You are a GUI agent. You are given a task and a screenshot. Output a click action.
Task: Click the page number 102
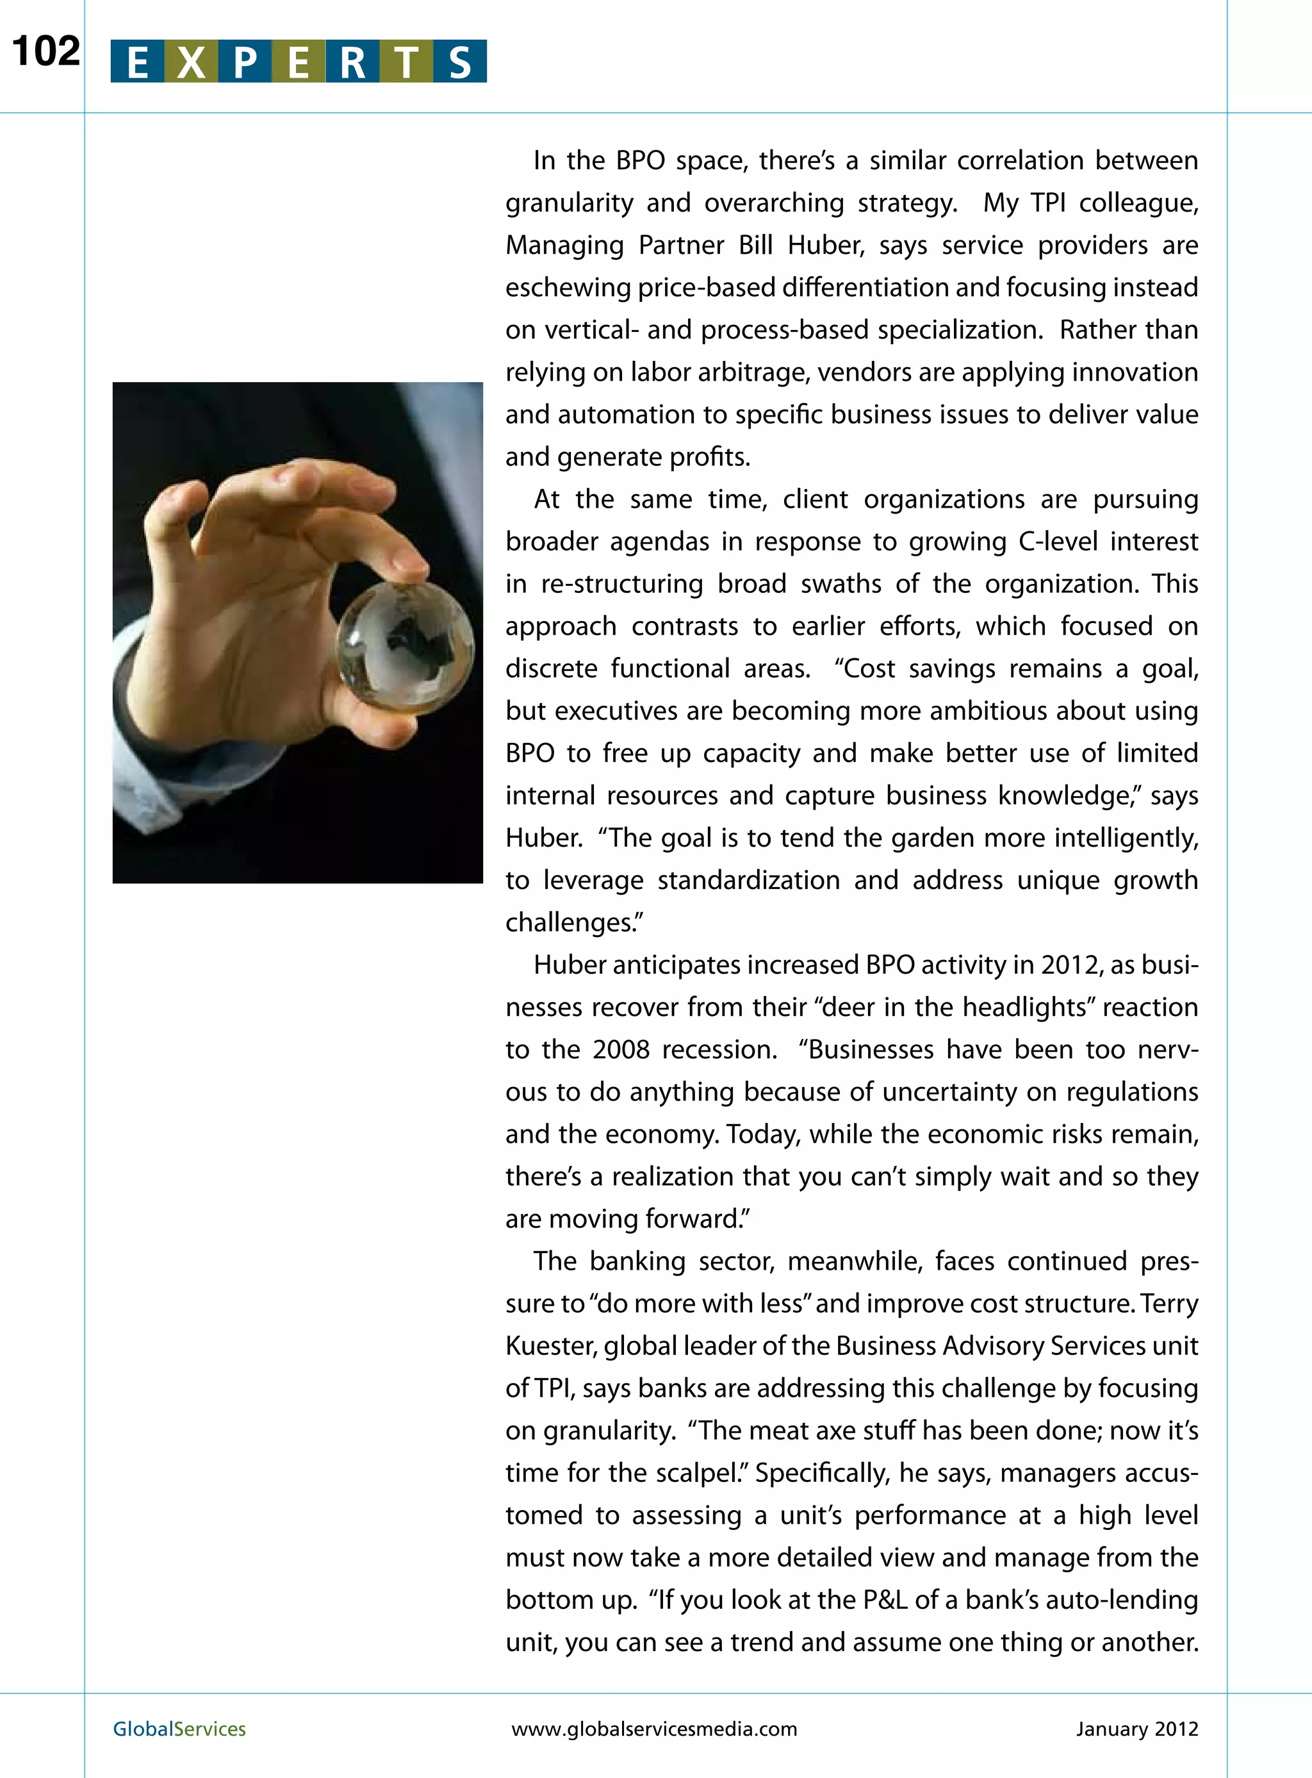click(x=46, y=53)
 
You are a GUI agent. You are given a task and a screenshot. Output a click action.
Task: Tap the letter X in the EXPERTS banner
click(x=192, y=62)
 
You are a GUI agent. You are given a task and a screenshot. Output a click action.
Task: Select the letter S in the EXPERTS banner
click(x=460, y=62)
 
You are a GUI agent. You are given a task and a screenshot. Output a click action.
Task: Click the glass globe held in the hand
click(x=405, y=647)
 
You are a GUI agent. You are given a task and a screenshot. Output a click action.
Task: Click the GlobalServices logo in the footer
click(x=179, y=1729)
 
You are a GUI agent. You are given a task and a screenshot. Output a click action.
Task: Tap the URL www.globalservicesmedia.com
click(x=653, y=1729)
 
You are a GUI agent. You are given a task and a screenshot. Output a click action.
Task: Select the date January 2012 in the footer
click(x=1136, y=1729)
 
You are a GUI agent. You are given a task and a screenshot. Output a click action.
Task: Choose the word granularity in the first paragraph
click(x=570, y=203)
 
